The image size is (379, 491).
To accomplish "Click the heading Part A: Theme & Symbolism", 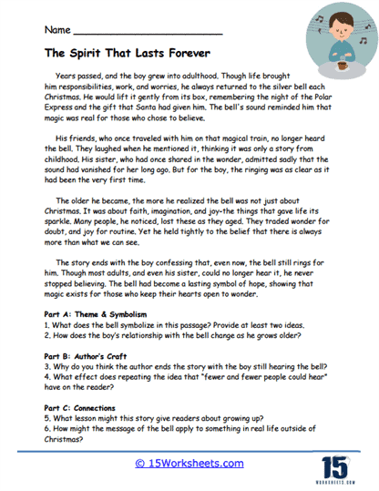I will [x=97, y=314].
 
